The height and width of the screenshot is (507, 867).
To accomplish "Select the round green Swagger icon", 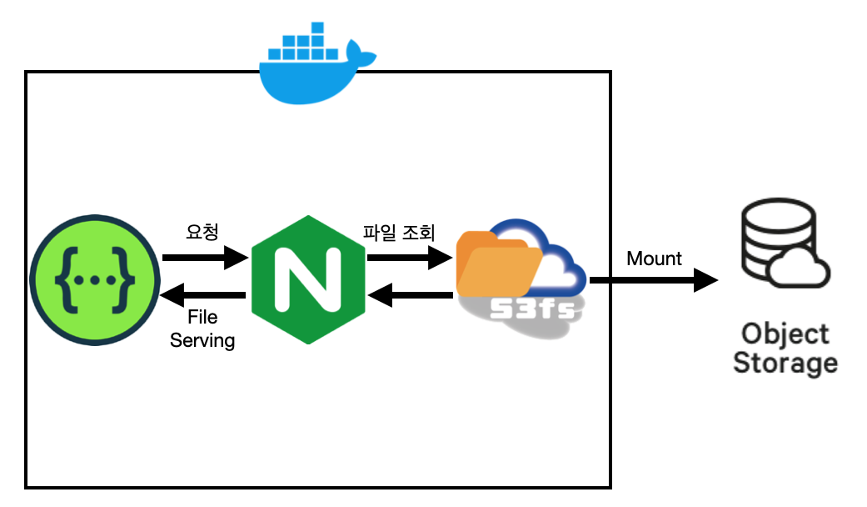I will click(x=94, y=279).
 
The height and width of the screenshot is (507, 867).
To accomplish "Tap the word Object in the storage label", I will click(x=785, y=335).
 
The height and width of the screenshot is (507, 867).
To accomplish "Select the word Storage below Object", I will click(x=785, y=364).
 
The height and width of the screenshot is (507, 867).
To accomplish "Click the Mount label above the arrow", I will click(x=654, y=259).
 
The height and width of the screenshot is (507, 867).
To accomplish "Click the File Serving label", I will click(x=202, y=329).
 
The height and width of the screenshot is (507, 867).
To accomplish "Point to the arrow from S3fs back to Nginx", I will click(x=411, y=294).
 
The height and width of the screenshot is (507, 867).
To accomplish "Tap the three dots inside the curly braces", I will click(x=94, y=279).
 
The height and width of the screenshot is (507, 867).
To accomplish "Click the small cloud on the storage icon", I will click(x=799, y=268).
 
